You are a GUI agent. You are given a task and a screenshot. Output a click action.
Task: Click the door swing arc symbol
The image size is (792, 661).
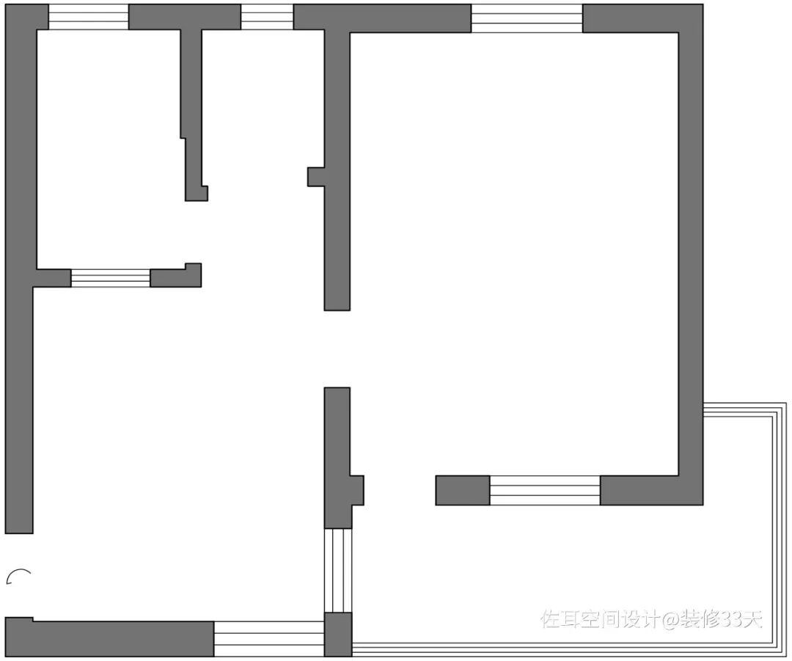point(18,577)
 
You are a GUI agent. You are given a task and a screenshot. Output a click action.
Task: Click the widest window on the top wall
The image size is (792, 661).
point(527,18)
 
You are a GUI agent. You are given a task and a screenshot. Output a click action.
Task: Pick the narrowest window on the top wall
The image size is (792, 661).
point(267,18)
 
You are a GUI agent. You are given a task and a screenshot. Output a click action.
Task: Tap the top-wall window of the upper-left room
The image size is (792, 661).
point(88,18)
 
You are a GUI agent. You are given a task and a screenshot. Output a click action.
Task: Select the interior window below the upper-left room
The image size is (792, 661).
point(110,278)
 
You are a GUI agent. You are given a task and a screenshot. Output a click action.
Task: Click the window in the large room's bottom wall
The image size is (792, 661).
point(545,491)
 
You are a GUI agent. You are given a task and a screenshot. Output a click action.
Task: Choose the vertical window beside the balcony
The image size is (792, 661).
point(338,571)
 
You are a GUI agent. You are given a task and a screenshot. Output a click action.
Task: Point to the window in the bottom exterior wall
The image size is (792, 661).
point(268,638)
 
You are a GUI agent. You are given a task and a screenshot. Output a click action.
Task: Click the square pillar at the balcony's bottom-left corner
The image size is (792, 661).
point(338,635)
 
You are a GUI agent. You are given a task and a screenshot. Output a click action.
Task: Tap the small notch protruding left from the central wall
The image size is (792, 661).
point(315,177)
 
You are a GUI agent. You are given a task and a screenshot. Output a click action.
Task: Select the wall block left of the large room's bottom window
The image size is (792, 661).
point(462,491)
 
